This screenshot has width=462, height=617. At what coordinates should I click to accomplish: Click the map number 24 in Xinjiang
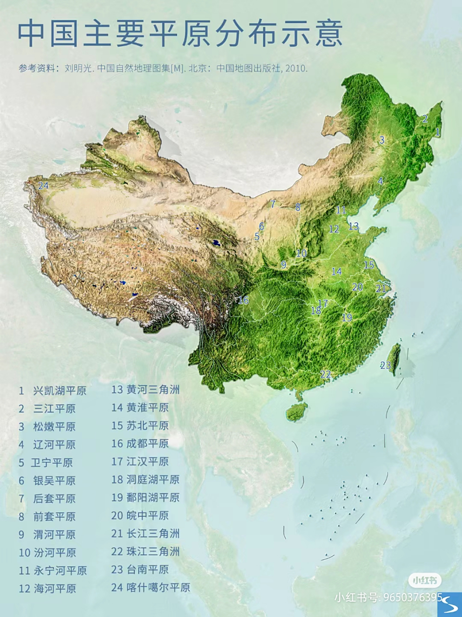(43, 185)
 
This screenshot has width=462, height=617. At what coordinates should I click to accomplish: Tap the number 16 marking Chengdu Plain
(243, 300)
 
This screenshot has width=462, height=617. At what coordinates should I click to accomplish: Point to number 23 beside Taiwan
(385, 365)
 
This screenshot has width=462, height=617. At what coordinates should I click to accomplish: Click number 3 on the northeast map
(382, 140)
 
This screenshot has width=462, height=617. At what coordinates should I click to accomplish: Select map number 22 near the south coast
(325, 374)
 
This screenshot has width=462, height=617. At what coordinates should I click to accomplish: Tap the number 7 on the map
(273, 204)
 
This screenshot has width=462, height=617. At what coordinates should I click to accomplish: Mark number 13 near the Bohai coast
(353, 226)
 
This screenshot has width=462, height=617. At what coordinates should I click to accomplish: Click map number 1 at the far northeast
(437, 131)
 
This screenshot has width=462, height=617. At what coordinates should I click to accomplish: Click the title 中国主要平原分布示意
(180, 33)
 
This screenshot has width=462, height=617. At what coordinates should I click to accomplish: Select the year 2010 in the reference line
(295, 68)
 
